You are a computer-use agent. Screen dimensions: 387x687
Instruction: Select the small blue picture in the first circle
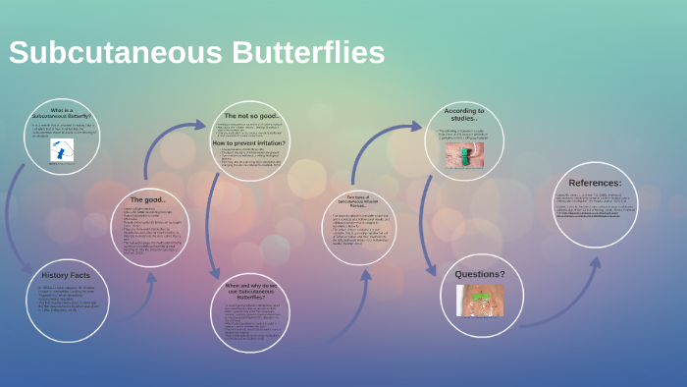pos(62,150)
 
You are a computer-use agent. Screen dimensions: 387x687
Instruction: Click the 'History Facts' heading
pos(66,275)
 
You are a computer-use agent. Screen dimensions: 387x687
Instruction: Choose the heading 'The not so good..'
pos(250,116)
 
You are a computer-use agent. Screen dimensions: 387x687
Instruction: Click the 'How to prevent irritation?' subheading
pos(250,143)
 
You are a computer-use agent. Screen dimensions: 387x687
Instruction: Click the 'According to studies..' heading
pos(464,115)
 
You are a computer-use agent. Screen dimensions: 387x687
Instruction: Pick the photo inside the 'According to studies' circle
pos(464,154)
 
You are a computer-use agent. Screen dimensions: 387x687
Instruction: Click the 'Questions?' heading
pos(481,274)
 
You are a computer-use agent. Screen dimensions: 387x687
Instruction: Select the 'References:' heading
pos(595,183)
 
